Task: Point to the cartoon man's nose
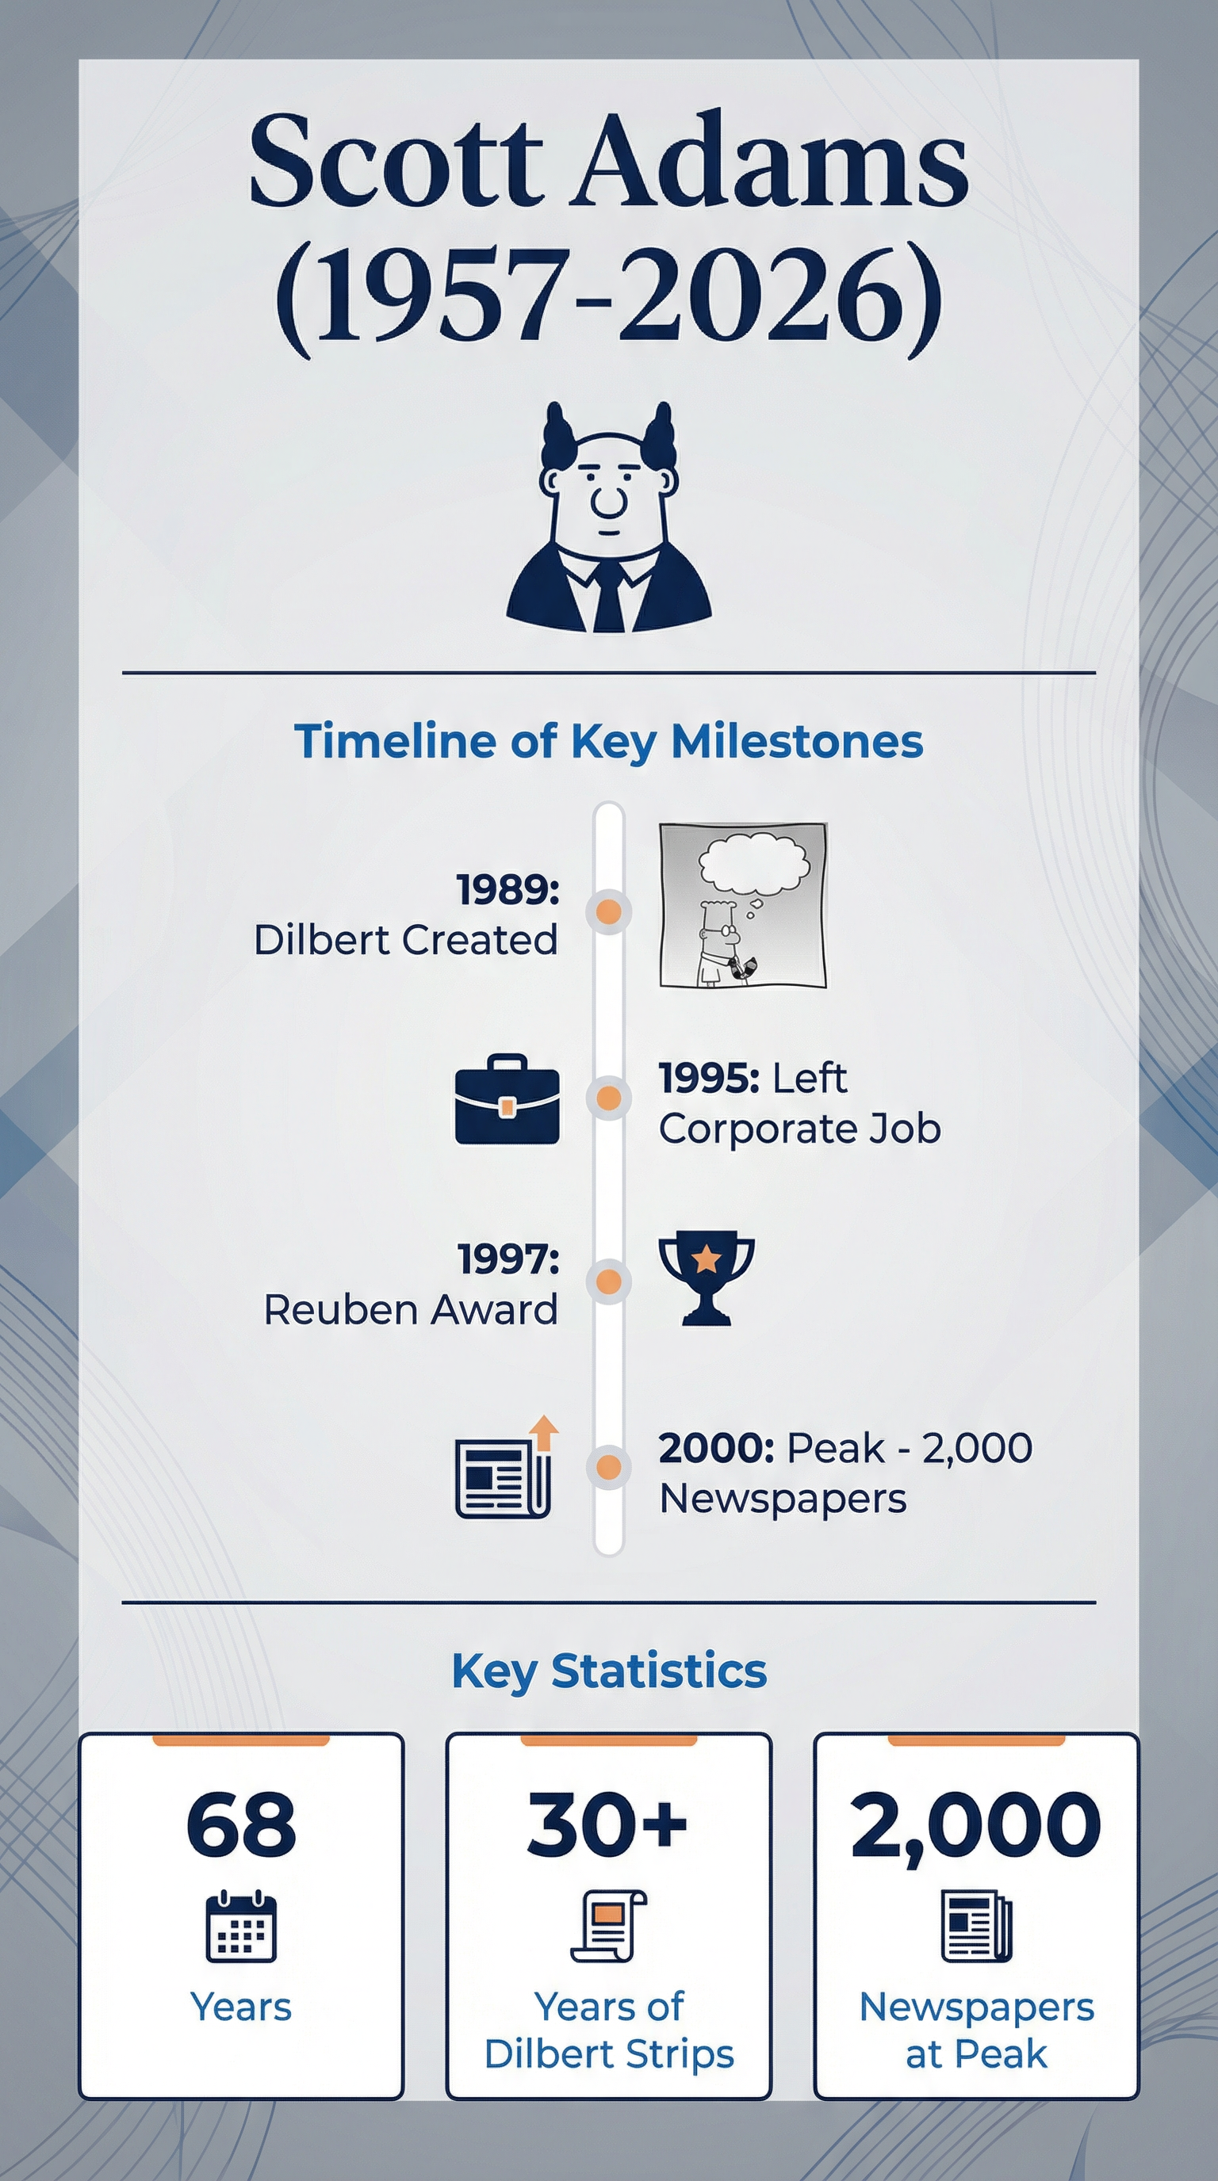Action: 608,499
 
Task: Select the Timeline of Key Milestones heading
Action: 608,742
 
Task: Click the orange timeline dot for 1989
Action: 608,912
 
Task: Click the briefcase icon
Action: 507,1099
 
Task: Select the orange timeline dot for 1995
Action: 608,1098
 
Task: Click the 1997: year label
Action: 508,1259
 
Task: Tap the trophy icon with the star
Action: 707,1278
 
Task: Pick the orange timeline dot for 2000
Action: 608,1466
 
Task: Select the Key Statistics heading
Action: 609,1670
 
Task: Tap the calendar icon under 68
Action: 241,1926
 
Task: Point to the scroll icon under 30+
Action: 608,1926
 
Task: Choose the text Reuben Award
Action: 411,1310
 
